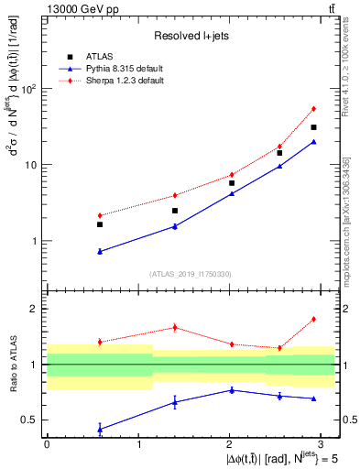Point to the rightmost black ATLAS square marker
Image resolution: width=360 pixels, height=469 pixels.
pos(313,127)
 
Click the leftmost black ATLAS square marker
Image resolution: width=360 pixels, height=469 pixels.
pos(99,224)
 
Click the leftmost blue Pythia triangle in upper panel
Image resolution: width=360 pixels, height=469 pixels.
pos(99,251)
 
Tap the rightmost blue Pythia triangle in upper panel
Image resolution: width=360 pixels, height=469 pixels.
pos(313,142)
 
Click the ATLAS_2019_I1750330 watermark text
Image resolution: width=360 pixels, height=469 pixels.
pos(190,274)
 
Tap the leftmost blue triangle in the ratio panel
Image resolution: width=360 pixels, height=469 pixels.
pos(99,429)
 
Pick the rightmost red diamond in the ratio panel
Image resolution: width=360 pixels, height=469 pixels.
pos(313,319)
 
